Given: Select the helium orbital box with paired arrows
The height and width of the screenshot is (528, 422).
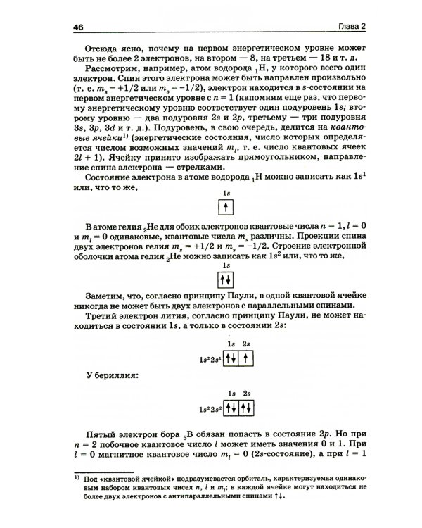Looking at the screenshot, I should (225, 279).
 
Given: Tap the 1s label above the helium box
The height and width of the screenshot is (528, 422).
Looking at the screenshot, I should (225, 265).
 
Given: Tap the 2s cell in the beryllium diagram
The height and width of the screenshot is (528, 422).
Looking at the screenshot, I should (246, 408).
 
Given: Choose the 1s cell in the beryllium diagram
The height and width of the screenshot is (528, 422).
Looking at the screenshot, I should (231, 408).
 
